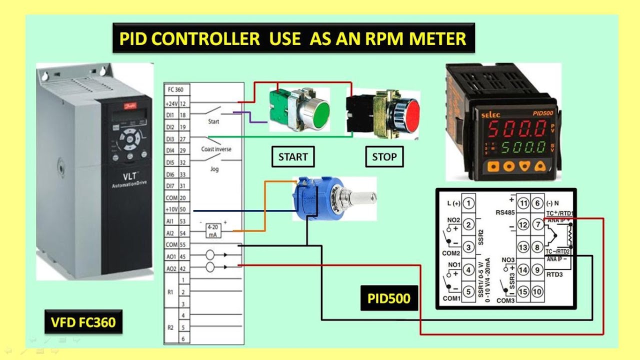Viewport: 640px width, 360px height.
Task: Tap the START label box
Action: click(293, 157)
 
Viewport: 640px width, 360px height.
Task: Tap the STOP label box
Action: click(384, 157)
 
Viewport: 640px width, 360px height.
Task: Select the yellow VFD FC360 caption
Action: click(83, 322)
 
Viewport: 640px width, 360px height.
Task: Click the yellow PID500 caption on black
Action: click(389, 299)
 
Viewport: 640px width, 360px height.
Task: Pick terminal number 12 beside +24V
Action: click(182, 103)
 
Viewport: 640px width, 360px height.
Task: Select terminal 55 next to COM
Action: click(182, 245)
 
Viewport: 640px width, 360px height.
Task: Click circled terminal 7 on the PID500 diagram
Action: click(537, 224)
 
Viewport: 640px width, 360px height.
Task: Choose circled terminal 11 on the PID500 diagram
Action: click(523, 203)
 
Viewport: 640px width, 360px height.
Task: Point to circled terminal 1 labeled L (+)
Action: click(468, 203)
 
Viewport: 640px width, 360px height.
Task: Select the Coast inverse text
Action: click(216, 149)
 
